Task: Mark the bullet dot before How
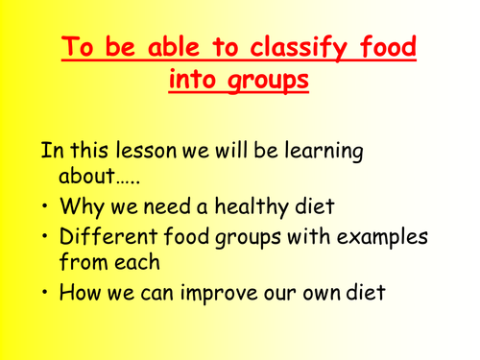[x=45, y=293]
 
